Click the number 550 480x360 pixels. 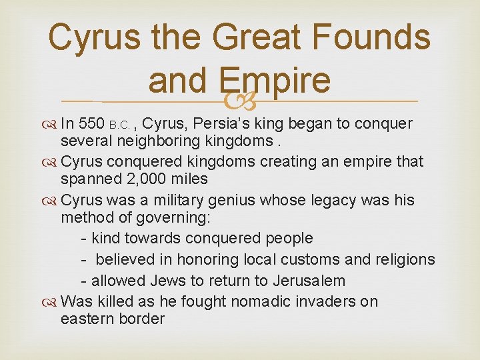click(92, 123)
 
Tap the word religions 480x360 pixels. click(404, 259)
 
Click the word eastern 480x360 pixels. click(88, 319)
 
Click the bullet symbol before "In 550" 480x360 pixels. click(51, 124)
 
